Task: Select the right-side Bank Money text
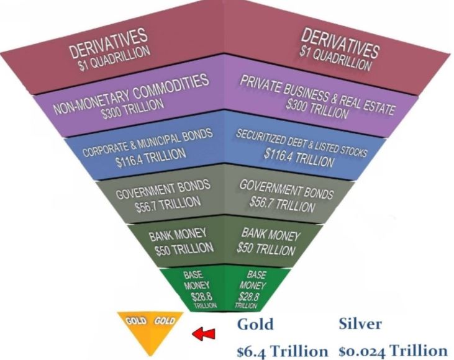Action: click(270, 235)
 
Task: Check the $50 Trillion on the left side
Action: click(176, 248)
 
